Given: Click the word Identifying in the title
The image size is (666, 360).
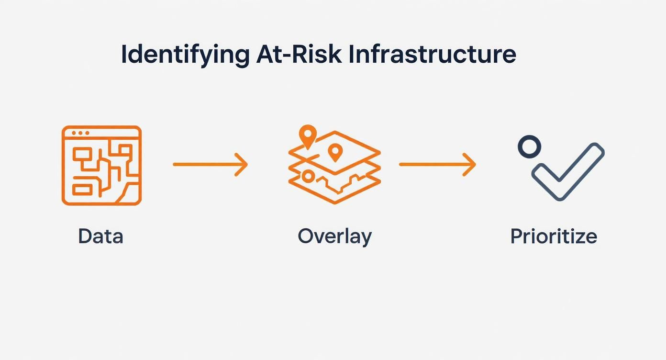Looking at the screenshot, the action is coord(186,55).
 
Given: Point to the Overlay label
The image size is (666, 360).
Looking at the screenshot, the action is coord(335,237).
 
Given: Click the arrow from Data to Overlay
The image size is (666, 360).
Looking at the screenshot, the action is coord(211,165).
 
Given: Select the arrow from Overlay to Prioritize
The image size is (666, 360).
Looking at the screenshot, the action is coord(437,165).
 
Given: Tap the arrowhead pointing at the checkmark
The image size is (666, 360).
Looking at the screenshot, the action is coord(470,165).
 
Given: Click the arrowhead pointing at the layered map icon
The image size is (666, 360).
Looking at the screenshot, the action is coord(242,165).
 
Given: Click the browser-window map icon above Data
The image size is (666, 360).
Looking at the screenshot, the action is coord(102,166).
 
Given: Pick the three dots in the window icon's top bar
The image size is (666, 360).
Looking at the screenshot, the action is coord(80,133).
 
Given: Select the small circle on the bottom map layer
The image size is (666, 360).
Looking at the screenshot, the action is coord(308,177).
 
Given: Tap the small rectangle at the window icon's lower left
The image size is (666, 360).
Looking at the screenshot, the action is coord(82,190).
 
